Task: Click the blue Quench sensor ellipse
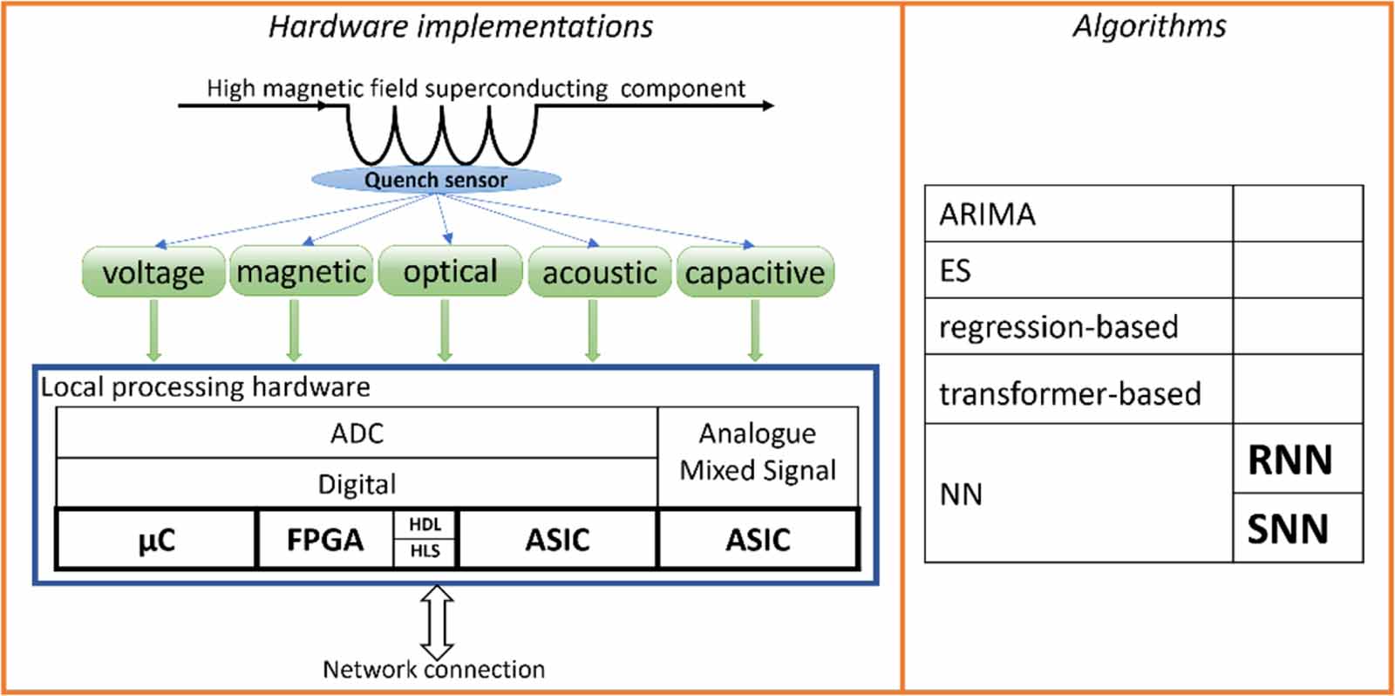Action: [436, 180]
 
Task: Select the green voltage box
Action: [153, 272]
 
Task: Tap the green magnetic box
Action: [301, 271]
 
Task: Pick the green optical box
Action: [450, 271]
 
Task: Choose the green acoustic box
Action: [599, 272]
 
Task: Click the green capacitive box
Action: [755, 272]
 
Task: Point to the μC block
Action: [157, 540]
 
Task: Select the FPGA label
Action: [325, 540]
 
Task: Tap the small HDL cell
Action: [425, 525]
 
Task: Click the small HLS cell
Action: [425, 551]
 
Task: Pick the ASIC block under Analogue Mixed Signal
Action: [758, 540]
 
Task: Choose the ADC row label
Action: [357, 433]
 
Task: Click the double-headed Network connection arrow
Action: [437, 622]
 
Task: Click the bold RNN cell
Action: [1290, 460]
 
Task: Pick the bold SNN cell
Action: [1289, 529]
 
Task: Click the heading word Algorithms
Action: [1149, 26]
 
